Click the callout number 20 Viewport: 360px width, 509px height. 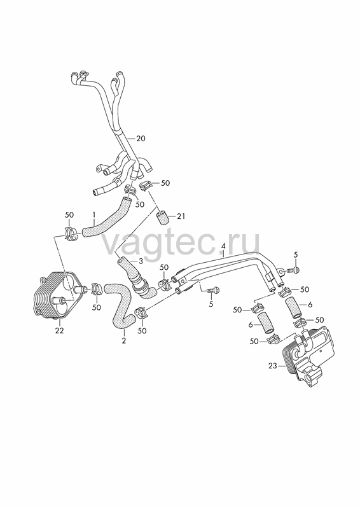[141, 139]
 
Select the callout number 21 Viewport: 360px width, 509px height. [181, 216]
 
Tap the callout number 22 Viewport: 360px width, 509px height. [59, 331]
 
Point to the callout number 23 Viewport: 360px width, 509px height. [273, 366]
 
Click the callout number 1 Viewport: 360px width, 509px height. [93, 214]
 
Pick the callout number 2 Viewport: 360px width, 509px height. [123, 341]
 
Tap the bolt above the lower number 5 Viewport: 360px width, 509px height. [212, 289]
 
